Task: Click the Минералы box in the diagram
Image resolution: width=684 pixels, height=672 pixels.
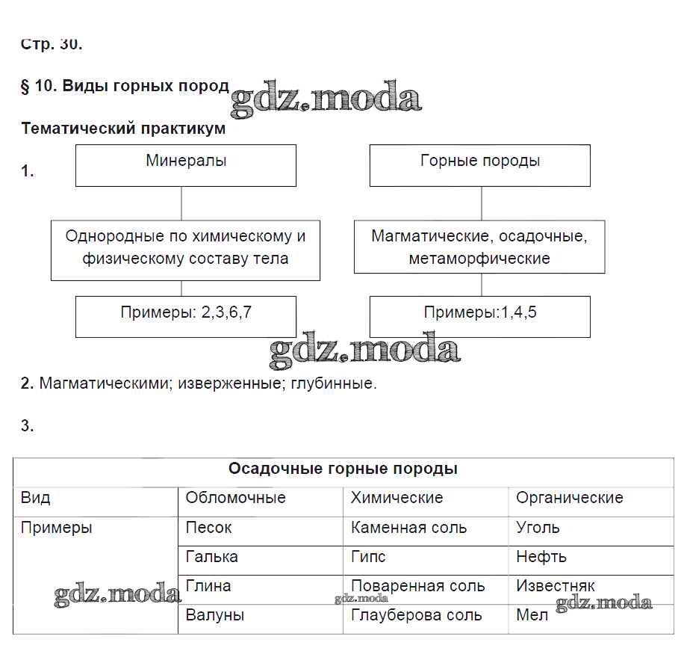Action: pos(185,165)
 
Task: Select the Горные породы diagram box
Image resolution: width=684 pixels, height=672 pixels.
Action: pos(479,165)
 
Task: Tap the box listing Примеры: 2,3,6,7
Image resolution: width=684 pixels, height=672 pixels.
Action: pos(185,316)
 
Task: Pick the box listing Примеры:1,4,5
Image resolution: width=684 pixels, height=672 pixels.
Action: pos(479,316)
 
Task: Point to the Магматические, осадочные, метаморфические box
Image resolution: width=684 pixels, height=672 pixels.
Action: pos(479,247)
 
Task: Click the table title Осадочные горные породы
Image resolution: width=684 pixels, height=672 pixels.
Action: pos(343,469)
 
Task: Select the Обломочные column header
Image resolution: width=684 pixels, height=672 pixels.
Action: pos(235,498)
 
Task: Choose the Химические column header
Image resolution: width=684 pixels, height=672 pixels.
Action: pos(397,498)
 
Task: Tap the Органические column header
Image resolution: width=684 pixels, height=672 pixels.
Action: pos(569,498)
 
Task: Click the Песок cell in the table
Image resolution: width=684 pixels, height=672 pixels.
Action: pos(208,528)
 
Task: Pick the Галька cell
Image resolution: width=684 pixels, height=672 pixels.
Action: pos(211,557)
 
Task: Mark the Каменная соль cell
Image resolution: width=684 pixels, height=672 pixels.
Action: pos(408,528)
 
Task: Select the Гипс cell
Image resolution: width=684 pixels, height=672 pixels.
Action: pos(368,557)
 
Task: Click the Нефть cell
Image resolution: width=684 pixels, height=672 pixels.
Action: pos(541,557)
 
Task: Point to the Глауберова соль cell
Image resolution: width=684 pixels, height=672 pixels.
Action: pos(416,616)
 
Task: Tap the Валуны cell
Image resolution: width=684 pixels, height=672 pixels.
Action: pos(214,616)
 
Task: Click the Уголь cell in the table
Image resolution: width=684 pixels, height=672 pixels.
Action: pos(538,528)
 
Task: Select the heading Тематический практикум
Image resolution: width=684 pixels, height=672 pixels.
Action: pos(123,129)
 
